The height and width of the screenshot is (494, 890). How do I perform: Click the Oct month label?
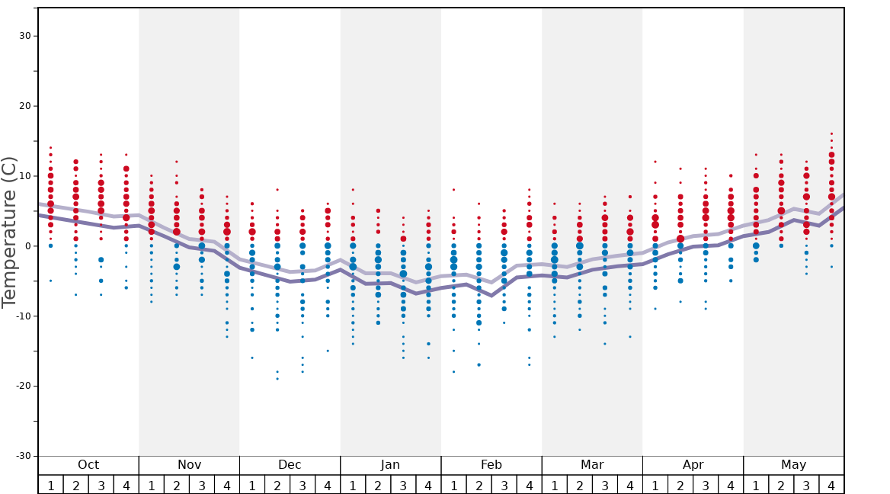pyautogui.click(x=88, y=465)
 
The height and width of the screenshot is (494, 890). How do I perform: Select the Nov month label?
pyautogui.click(x=189, y=465)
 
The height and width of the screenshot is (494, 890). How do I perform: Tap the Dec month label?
pyautogui.click(x=290, y=465)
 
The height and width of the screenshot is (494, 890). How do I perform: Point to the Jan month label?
pyautogui.click(x=390, y=465)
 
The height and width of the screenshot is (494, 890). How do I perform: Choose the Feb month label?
pyautogui.click(x=491, y=465)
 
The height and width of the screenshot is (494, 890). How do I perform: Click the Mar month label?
pyautogui.click(x=592, y=465)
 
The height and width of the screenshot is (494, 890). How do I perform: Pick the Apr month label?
pyautogui.click(x=693, y=465)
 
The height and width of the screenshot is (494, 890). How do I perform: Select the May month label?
pyautogui.click(x=793, y=465)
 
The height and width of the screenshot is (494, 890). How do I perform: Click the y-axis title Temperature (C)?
pyautogui.click(x=10, y=232)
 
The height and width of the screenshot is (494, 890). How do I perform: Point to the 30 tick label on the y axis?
pyautogui.click(x=24, y=36)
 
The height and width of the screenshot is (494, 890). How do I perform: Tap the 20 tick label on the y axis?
pyautogui.click(x=24, y=106)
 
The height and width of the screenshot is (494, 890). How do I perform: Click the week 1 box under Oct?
pyautogui.click(x=50, y=485)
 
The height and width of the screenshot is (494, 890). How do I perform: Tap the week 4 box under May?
pyautogui.click(x=831, y=485)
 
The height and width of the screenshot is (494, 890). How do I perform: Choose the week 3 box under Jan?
pyautogui.click(x=403, y=485)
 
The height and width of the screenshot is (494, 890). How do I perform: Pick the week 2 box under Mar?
pyautogui.click(x=580, y=485)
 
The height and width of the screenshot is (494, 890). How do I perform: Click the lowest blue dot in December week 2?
pyautogui.click(x=277, y=379)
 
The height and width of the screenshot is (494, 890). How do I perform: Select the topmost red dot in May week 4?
pyautogui.click(x=831, y=133)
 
